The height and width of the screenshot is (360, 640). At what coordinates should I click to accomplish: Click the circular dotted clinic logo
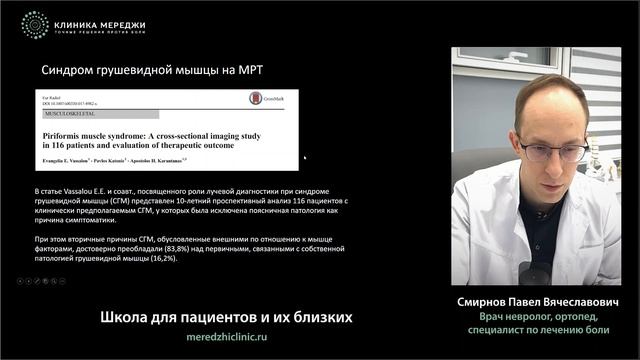tap(35, 25)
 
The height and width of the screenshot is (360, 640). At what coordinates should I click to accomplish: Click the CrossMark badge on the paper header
tap(265, 99)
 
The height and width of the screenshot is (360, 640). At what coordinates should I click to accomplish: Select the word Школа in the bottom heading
tap(125, 317)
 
